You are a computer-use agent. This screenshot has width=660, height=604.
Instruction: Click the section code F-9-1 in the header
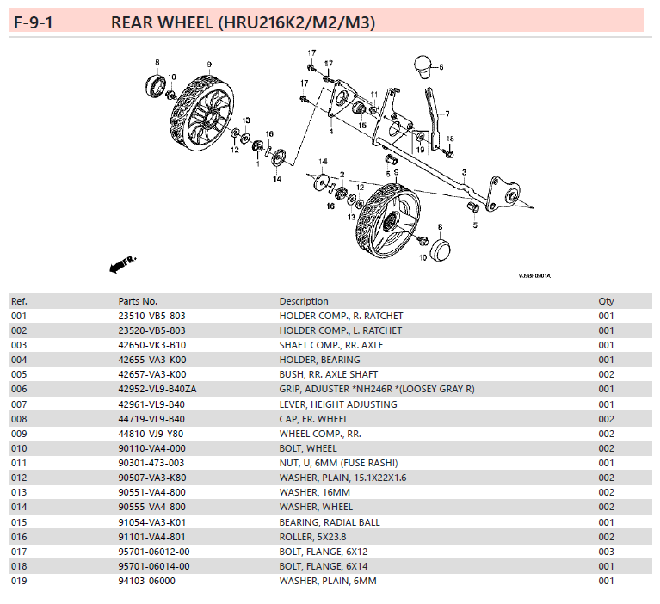point(34,22)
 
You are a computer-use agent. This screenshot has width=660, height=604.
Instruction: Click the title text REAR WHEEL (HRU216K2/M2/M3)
point(243,22)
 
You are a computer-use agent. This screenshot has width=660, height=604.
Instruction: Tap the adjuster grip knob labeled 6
point(422,67)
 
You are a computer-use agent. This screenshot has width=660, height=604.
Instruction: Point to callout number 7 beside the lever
point(447,113)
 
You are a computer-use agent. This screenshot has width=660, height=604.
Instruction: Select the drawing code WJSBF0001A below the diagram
point(534,276)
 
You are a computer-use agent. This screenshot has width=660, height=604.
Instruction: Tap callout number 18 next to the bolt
point(450,139)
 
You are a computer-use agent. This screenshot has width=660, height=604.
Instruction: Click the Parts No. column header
point(138,301)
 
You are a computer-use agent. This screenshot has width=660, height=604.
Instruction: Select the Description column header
point(303,301)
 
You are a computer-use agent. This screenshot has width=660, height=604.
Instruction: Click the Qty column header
point(607,301)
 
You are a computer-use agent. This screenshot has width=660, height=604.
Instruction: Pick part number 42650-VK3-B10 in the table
point(151,345)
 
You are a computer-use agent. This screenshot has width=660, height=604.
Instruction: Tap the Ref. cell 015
point(19,522)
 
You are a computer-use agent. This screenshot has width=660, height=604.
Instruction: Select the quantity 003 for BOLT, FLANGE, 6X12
point(607,552)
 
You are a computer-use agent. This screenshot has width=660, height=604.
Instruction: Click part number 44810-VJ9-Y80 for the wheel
point(151,434)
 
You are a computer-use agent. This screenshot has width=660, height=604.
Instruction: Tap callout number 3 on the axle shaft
point(464,173)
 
